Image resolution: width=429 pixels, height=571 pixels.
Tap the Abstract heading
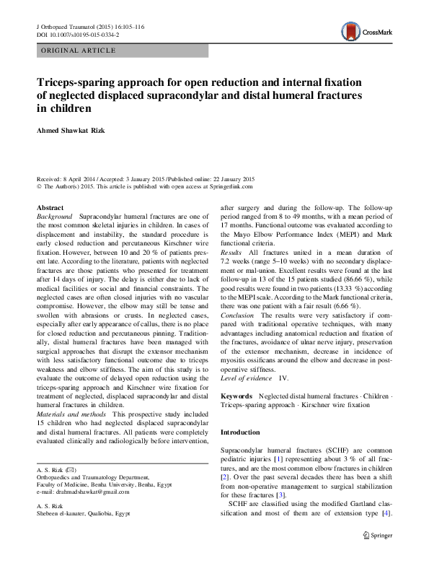click(49, 207)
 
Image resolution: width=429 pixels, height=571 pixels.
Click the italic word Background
click(54, 217)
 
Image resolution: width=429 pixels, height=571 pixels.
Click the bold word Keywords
click(236, 396)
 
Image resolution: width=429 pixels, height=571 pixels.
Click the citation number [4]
click(386, 533)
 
